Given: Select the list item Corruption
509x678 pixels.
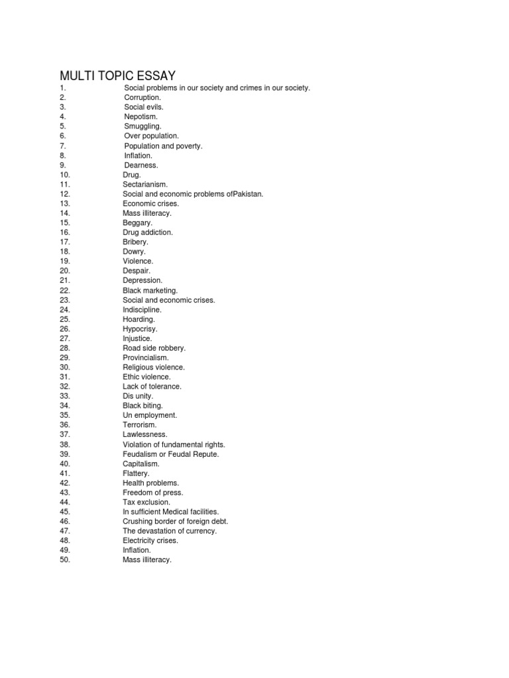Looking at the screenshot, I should [x=142, y=97].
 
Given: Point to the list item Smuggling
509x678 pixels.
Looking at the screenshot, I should [x=142, y=126].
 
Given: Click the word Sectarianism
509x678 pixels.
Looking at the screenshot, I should [x=145, y=184].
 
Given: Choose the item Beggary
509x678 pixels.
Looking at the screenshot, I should [x=137, y=223].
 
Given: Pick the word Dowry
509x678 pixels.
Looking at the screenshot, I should [x=134, y=252].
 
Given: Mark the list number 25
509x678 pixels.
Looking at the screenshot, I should [x=64, y=319].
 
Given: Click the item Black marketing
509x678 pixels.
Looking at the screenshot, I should [x=150, y=290].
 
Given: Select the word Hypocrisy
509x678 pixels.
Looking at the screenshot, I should [x=140, y=328].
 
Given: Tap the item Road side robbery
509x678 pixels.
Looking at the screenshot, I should [x=154, y=348].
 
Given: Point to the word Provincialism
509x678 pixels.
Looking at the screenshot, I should [x=146, y=358].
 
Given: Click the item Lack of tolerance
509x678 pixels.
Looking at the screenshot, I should [x=152, y=386].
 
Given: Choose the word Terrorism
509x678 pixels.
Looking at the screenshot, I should [x=139, y=424].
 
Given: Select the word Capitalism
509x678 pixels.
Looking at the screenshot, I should [x=141, y=463].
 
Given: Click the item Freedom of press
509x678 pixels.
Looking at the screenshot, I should [x=152, y=493].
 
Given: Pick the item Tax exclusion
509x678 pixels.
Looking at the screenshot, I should [x=146, y=502].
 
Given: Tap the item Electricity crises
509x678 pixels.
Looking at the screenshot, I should [x=150, y=540].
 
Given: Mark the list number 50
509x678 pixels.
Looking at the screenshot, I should [x=64, y=559].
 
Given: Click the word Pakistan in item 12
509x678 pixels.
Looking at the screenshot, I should [x=248, y=194].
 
